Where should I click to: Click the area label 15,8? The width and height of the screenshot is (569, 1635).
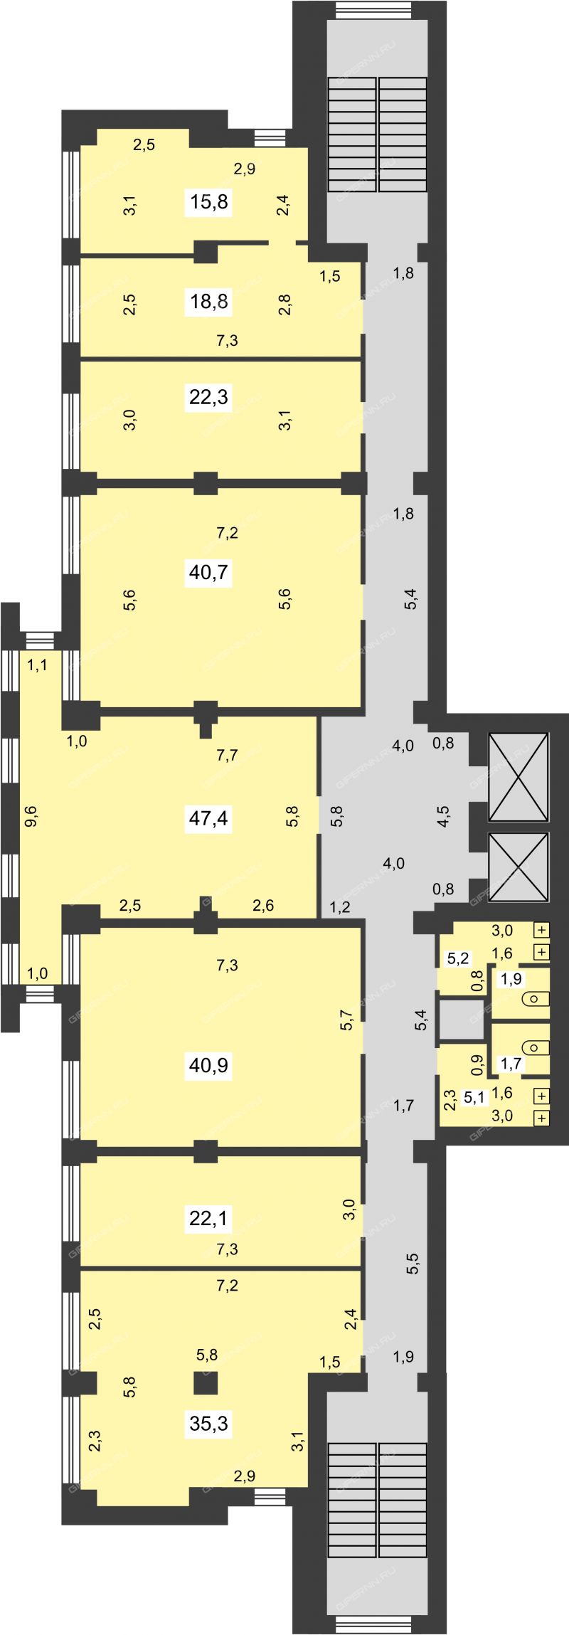coord(209,202)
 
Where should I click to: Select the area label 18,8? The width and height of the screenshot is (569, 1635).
coord(209,302)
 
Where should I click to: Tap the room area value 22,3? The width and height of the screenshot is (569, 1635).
coord(209,396)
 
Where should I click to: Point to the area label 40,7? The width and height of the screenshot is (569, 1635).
coord(209,571)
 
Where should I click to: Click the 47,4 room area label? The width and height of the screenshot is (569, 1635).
coord(209,818)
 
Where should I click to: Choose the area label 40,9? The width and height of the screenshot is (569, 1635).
coord(209,1065)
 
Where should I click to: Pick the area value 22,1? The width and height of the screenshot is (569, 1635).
coord(209,1219)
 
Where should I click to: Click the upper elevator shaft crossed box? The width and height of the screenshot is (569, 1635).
coord(519,777)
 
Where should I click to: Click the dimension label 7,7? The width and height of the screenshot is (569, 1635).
coord(227,756)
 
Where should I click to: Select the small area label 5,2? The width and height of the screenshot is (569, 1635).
coord(458,958)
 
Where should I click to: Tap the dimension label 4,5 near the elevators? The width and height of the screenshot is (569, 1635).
coord(442,814)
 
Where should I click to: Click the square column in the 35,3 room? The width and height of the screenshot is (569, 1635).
coord(206,1382)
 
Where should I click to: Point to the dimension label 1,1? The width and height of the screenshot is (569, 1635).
coord(37,666)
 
